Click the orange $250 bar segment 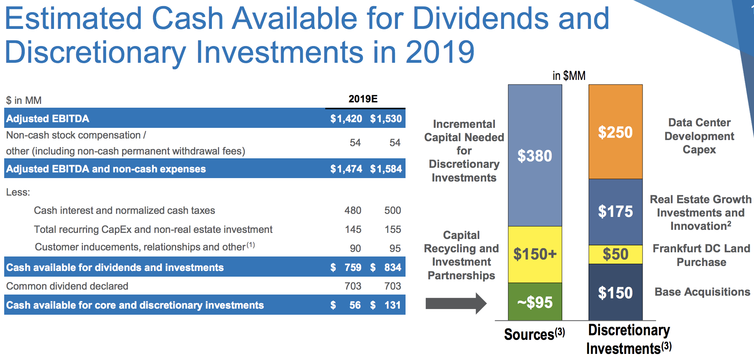click(x=616, y=132)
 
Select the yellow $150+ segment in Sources click(x=535, y=254)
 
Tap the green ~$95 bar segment click(x=535, y=302)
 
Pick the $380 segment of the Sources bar click(x=535, y=155)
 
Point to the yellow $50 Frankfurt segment click(x=616, y=254)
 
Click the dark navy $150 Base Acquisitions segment click(x=616, y=292)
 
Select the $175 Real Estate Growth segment click(x=616, y=212)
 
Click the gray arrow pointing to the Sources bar click(x=456, y=303)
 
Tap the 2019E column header click(x=363, y=99)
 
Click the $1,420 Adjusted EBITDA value click(x=346, y=119)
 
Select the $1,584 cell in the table click(x=386, y=169)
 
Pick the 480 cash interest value click(x=353, y=210)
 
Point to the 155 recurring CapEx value click(x=393, y=229)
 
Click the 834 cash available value click(x=393, y=268)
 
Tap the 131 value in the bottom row click(x=393, y=305)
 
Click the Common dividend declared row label click(x=67, y=286)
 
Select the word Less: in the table click(x=18, y=192)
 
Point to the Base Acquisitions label click(x=702, y=292)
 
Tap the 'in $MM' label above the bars click(x=569, y=76)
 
